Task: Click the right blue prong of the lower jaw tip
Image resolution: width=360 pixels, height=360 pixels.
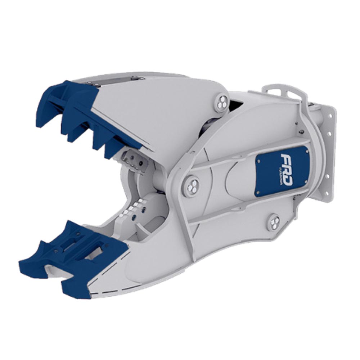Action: click(76, 288)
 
